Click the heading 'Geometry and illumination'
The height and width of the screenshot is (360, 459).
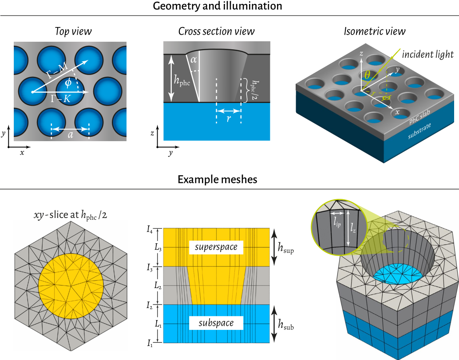pyautogui.click(x=217, y=6)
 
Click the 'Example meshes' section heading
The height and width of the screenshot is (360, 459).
pyautogui.click(x=217, y=179)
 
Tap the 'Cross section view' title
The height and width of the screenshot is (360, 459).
pyautogui.click(x=216, y=32)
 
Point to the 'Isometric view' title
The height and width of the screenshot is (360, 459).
pyautogui.click(x=375, y=32)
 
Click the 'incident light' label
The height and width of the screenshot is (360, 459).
pyautogui.click(x=428, y=55)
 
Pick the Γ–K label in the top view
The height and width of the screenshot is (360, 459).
pyautogui.click(x=60, y=99)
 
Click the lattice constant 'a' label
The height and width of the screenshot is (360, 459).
pyautogui.click(x=71, y=136)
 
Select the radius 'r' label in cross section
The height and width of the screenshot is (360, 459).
pyautogui.click(x=229, y=119)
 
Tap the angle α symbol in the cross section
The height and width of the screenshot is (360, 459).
pyautogui.click(x=193, y=60)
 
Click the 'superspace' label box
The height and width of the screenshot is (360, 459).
pyautogui.click(x=216, y=247)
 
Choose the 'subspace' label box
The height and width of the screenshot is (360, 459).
pyautogui.click(x=216, y=323)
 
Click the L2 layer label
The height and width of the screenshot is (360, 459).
pyautogui.click(x=158, y=286)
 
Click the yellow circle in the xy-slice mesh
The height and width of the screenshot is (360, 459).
pyautogui.click(x=71, y=284)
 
